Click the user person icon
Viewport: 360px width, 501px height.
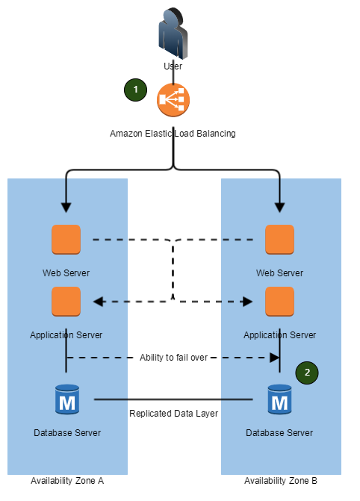point(173,34)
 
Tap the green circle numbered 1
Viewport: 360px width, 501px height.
point(135,90)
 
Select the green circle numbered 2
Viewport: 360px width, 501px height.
point(307,373)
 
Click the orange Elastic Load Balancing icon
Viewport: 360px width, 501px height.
point(173,100)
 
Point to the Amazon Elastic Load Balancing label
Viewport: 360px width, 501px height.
point(173,133)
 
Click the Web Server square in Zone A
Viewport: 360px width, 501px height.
point(66,240)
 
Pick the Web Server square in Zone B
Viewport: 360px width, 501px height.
point(280,240)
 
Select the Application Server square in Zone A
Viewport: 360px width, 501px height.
point(66,302)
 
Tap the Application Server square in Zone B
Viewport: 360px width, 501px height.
point(280,302)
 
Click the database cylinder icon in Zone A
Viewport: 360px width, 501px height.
point(67,399)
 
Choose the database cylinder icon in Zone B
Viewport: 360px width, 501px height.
point(280,399)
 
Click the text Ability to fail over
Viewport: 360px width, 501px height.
point(173,357)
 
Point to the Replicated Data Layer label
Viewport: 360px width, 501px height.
point(173,414)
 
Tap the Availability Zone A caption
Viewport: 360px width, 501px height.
point(67,481)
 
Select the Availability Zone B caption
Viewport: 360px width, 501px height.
point(281,481)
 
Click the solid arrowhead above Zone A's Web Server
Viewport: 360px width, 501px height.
point(66,208)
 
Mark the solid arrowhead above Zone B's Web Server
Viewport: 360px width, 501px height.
point(280,208)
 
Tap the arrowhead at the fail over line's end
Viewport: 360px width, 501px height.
point(275,358)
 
